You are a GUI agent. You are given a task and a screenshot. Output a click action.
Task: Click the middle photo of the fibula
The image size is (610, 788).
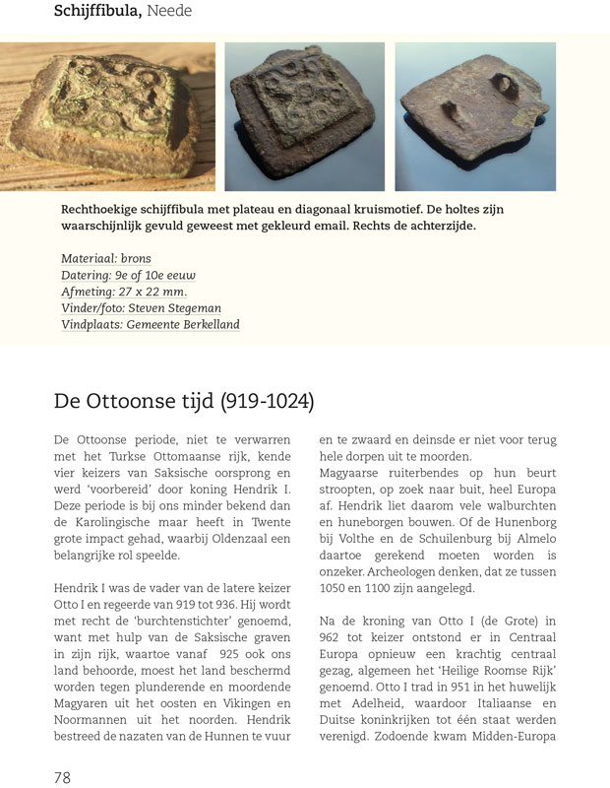coord(305,116)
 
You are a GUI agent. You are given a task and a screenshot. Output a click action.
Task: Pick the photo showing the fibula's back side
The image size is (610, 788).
coord(474,116)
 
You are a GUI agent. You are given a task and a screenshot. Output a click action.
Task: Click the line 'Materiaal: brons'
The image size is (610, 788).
coord(106,259)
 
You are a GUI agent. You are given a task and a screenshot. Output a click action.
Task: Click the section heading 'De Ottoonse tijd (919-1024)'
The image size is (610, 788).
coord(183,402)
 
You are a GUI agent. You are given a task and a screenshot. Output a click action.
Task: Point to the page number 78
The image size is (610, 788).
coord(62,777)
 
